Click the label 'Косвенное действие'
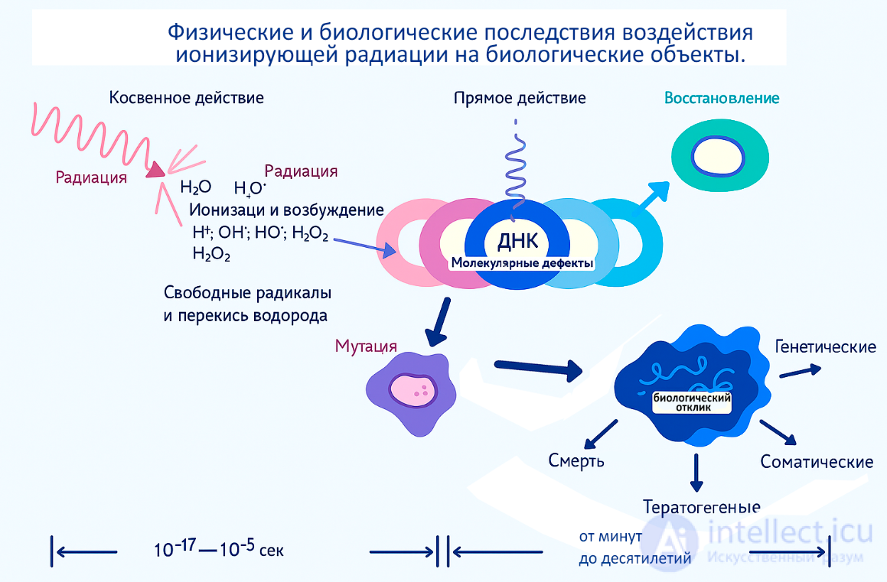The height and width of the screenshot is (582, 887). click(x=186, y=98)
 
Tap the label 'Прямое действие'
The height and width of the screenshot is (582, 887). click(x=520, y=98)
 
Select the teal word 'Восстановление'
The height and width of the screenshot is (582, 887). click(x=722, y=98)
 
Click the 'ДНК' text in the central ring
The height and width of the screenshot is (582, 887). click(x=518, y=241)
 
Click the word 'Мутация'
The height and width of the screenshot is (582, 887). click(x=364, y=346)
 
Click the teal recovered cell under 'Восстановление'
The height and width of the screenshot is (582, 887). click(x=718, y=159)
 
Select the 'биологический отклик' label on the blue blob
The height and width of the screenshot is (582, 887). click(x=692, y=402)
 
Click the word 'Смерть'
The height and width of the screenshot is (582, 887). click(x=576, y=460)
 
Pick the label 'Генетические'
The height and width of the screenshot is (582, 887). click(x=825, y=347)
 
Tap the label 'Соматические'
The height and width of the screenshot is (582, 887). click(x=817, y=462)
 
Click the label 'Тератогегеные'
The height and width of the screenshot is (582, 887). click(x=701, y=507)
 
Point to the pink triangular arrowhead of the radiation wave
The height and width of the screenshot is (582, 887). click(x=156, y=171)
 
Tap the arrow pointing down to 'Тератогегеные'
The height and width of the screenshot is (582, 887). click(x=696, y=473)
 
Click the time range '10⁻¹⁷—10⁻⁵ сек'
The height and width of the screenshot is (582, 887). click(x=219, y=549)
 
